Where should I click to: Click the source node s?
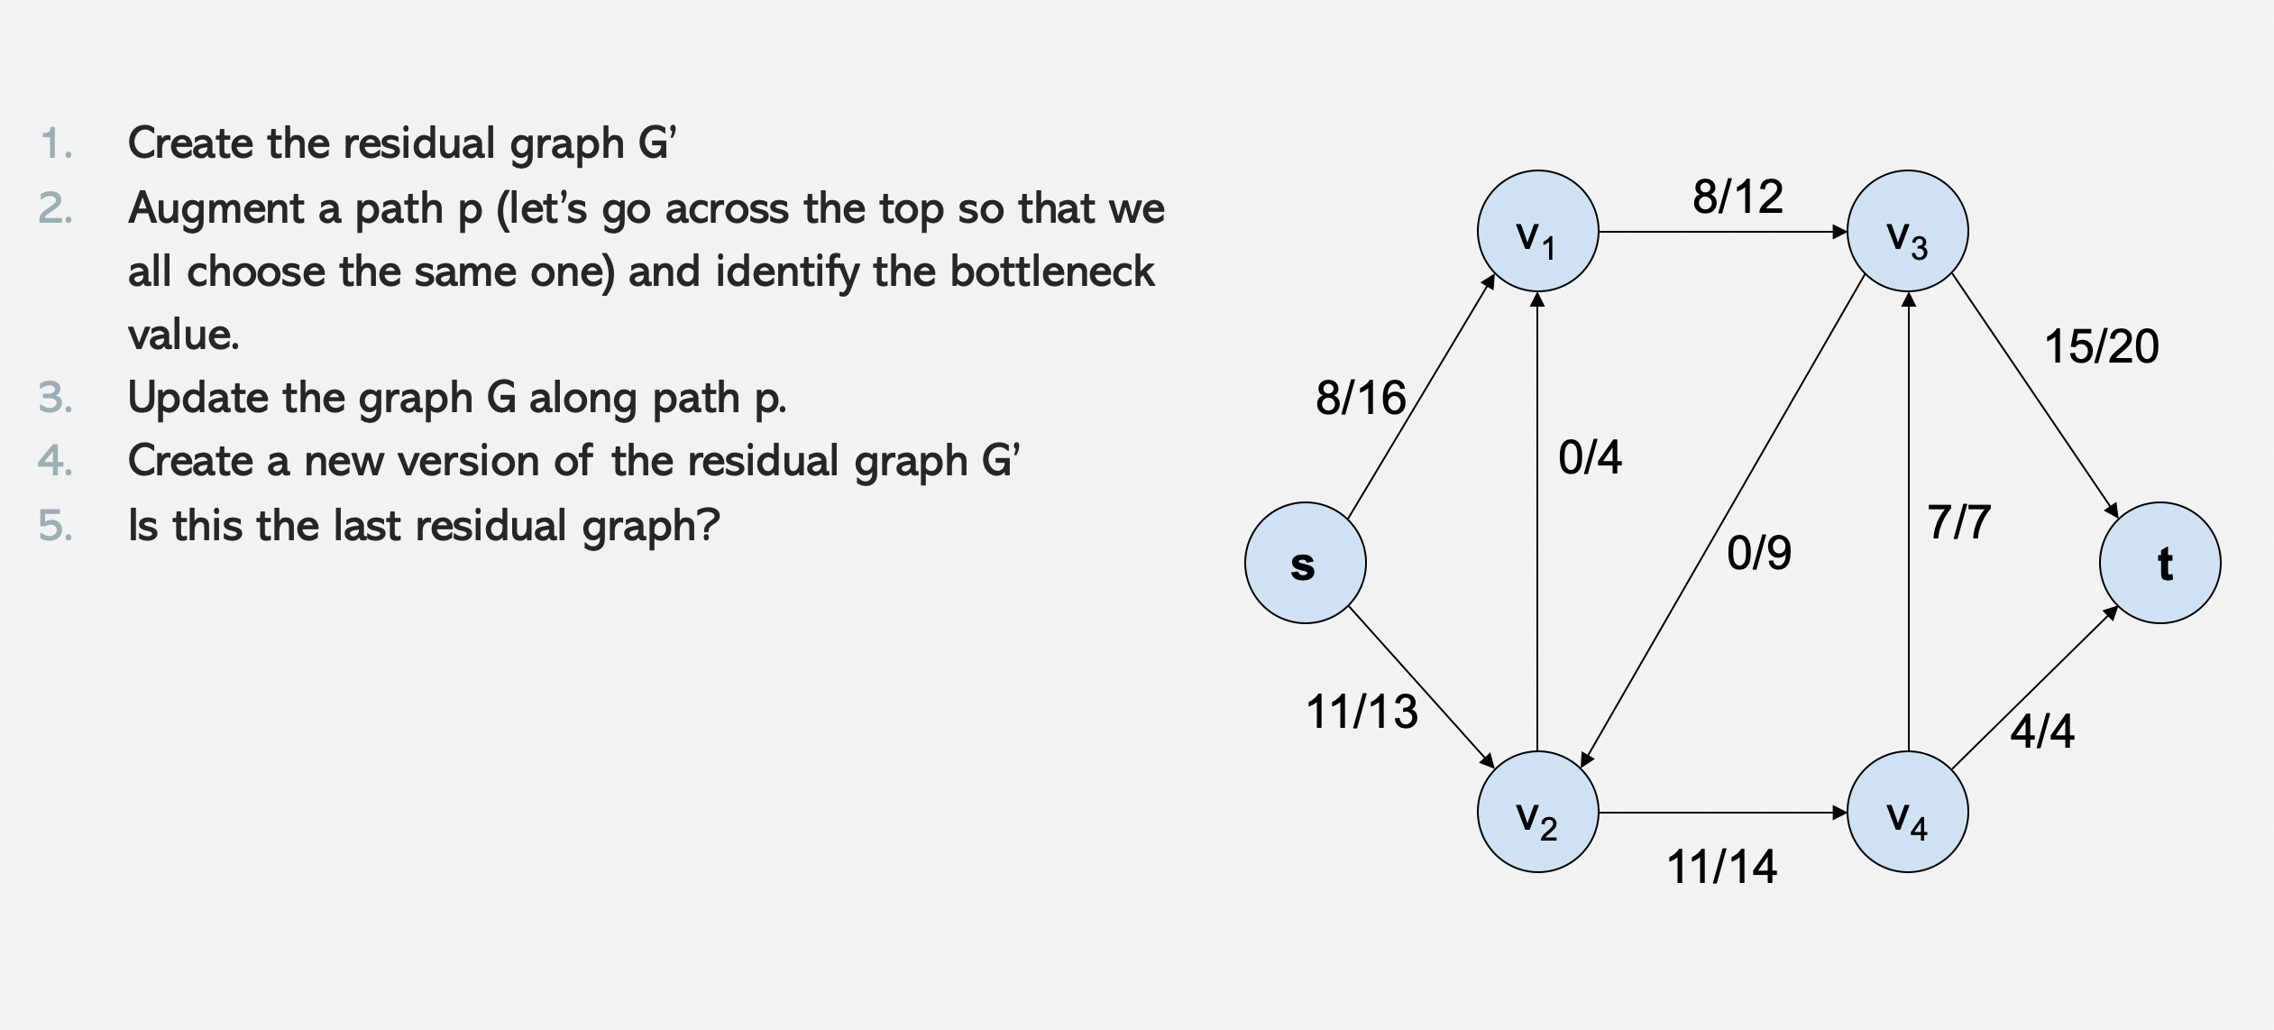1305,563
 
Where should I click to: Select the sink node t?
2159,563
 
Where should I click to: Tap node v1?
1537,232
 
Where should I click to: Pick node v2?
1537,812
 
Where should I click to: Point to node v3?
1907,232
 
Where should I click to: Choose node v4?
1907,812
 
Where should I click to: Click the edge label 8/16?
1360,398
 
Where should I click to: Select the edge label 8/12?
1738,197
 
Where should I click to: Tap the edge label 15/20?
2101,346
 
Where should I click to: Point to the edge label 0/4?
1590,457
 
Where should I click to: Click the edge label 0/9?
1758,553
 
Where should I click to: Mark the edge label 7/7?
1958,522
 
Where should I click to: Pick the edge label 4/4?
2041,731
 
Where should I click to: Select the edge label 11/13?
1362,712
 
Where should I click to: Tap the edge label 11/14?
1721,867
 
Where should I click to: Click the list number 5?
54,525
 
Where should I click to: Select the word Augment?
216,209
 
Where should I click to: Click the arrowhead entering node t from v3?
2113,510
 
